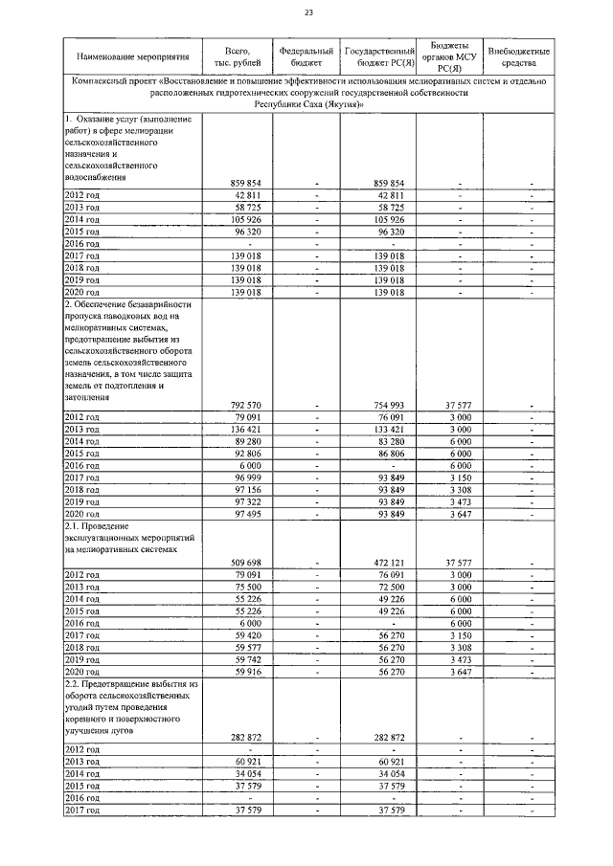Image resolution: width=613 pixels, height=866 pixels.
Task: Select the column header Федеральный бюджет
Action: click(307, 56)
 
